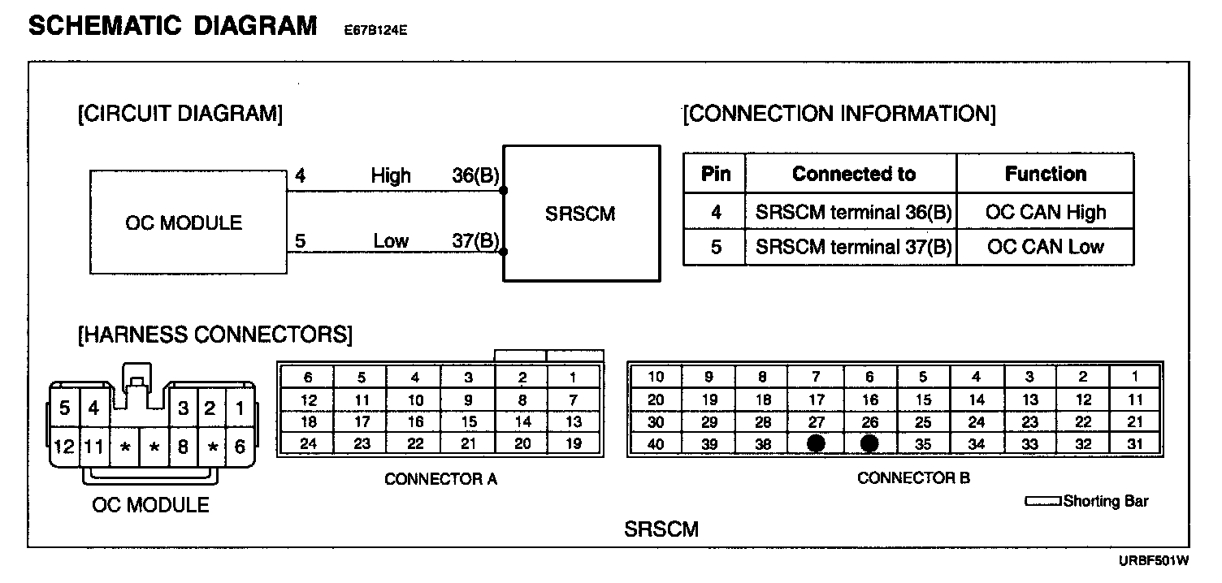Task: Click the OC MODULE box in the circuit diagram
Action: coord(184,222)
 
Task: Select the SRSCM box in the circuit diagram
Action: coord(581,214)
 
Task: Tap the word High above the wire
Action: coord(391,175)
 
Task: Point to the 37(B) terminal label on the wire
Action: coord(475,240)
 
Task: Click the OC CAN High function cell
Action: coord(1045,213)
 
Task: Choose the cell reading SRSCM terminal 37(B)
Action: coord(852,247)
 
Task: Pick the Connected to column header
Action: coord(852,174)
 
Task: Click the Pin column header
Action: coord(715,174)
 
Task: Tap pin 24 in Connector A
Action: coord(308,443)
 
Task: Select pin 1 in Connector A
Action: coord(574,377)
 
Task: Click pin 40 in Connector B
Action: coord(655,443)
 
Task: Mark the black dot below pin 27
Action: coord(817,443)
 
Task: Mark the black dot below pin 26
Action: coord(869,443)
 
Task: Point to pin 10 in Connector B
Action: coord(655,377)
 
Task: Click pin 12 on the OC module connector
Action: coord(64,446)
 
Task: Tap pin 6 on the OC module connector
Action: coord(239,446)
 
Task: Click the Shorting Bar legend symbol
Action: coord(1042,502)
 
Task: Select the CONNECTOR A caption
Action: coord(440,479)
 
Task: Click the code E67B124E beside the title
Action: coord(375,32)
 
